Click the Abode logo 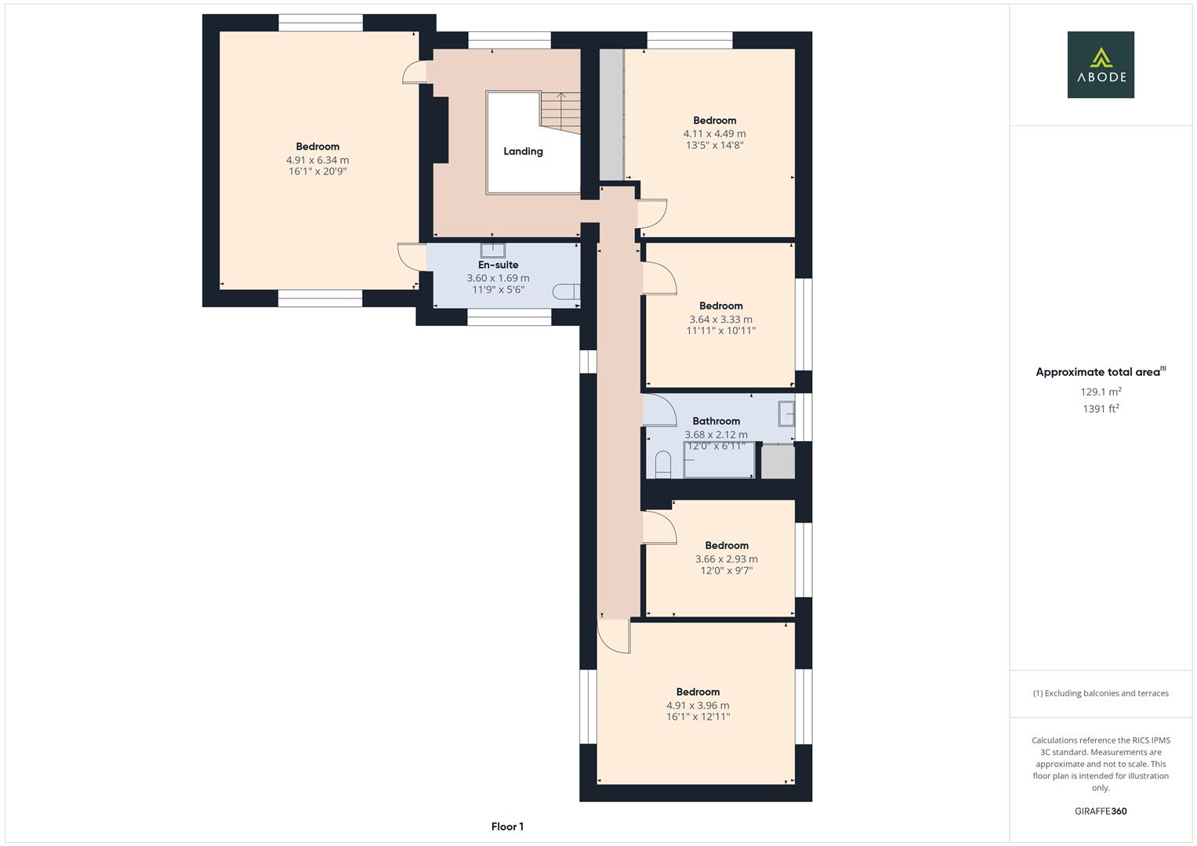tap(1100, 64)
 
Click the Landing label tap(523, 151)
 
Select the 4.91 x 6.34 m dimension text tap(317, 160)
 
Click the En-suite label tap(498, 265)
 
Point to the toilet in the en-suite tap(566, 292)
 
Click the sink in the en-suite tap(493, 250)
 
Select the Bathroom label tap(716, 421)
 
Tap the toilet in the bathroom tap(663, 464)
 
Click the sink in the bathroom tap(786, 413)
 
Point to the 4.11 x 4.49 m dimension tap(714, 134)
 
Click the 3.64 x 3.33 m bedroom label tap(720, 305)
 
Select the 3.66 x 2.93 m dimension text tap(726, 559)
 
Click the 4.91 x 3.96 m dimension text tap(698, 705)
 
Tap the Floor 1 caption tap(507, 826)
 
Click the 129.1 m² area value tap(1101, 392)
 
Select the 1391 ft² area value tap(1101, 409)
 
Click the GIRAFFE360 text tap(1101, 811)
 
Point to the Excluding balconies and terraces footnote tap(1101, 693)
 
